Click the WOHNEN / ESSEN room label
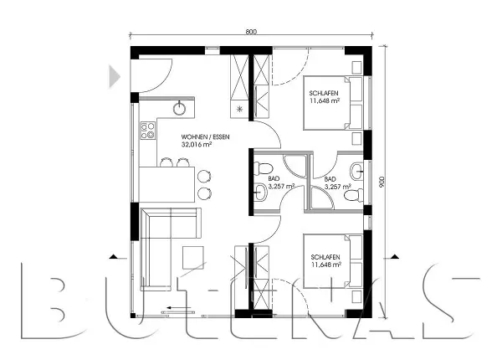(x=205, y=136)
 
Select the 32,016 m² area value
(x=196, y=144)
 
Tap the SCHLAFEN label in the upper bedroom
(x=324, y=93)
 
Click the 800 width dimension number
(x=251, y=31)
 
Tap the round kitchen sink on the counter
(x=180, y=107)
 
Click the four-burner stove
(x=148, y=130)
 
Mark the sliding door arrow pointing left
(x=177, y=307)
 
